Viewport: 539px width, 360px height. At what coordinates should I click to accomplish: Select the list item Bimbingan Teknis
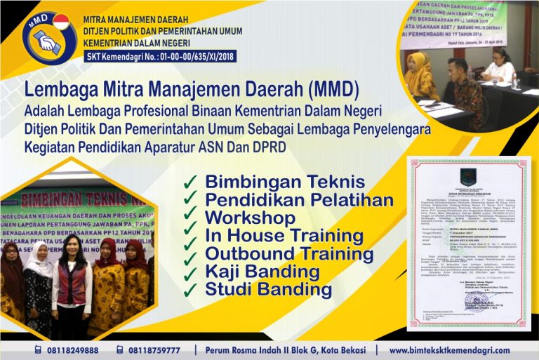285,182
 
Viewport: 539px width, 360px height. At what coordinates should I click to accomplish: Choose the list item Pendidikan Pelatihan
299,200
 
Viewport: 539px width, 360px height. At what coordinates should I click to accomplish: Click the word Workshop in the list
250,218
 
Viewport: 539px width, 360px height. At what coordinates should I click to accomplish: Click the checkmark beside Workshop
189,218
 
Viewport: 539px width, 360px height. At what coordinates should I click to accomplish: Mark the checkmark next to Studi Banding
189,289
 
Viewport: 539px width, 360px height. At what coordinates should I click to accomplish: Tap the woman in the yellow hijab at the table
420,75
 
